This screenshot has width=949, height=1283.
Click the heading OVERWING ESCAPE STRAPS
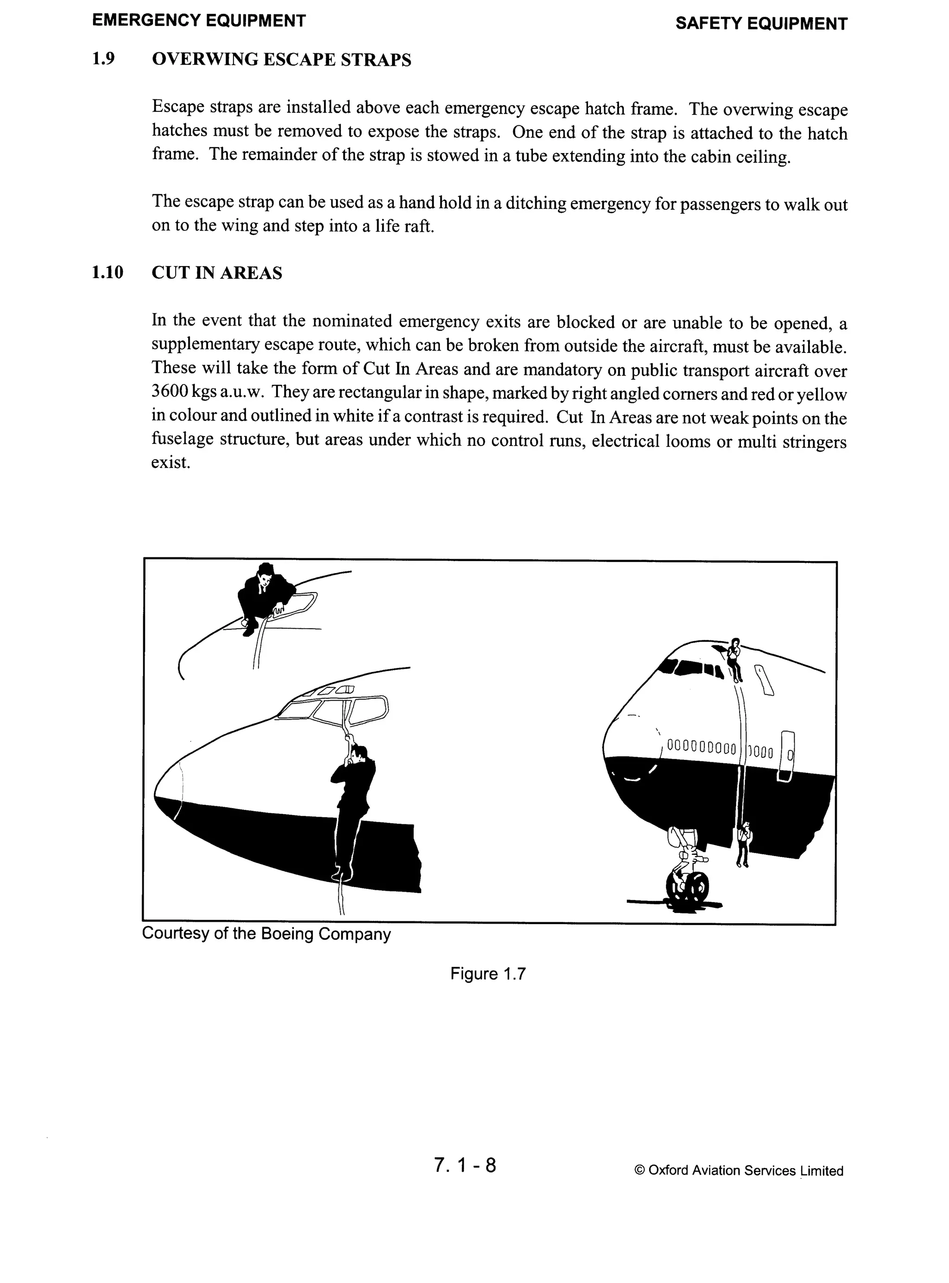click(281, 60)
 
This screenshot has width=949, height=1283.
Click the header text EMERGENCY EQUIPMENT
click(199, 21)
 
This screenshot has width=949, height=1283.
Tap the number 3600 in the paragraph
click(170, 391)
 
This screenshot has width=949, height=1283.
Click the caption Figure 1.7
click(488, 973)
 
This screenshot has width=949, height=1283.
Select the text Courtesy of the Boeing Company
click(266, 933)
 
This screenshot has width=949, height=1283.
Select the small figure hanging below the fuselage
click(743, 843)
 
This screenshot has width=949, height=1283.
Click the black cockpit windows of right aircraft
click(693, 668)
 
